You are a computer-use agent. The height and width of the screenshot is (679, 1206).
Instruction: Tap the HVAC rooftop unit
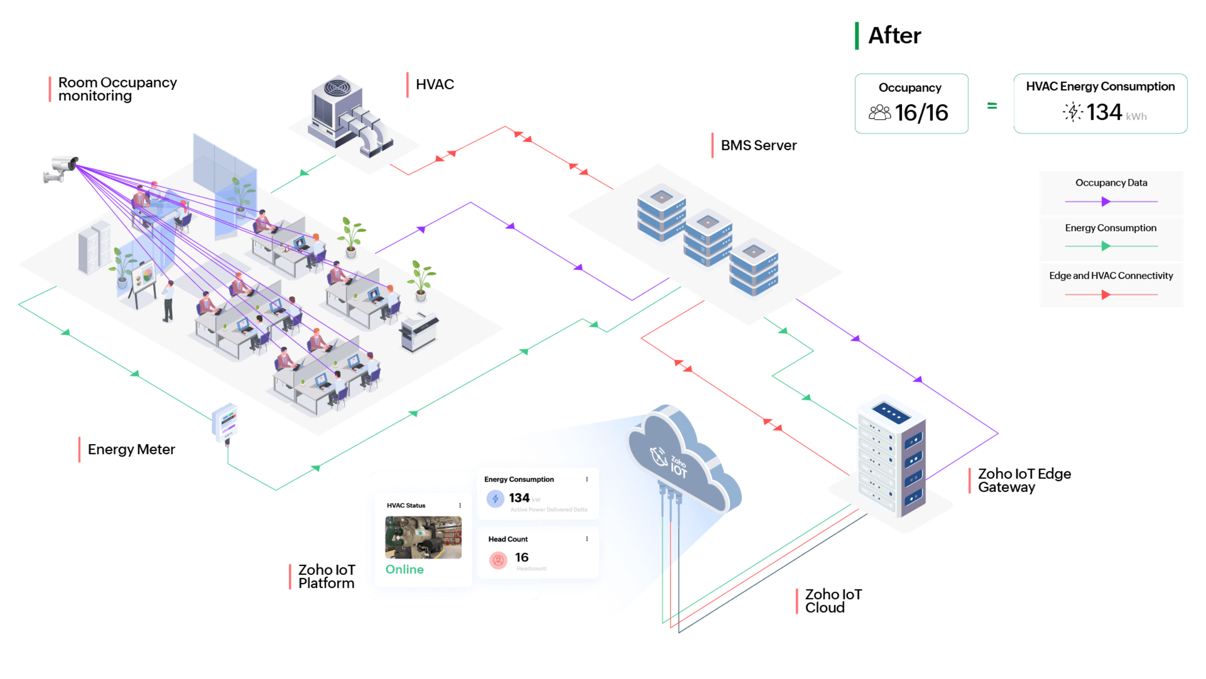[x=349, y=118]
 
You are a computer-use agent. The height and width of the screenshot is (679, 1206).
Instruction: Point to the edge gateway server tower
[x=891, y=457]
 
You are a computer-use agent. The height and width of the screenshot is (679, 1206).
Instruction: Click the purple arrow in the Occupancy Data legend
[x=1106, y=202]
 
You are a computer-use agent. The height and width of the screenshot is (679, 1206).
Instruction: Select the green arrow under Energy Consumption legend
[x=1106, y=246]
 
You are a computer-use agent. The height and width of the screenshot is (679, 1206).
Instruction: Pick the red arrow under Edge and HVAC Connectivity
[x=1106, y=295]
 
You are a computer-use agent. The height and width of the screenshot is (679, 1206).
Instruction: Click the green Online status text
[x=405, y=570]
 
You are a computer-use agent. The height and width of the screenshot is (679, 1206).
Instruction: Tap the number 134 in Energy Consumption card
[x=519, y=498]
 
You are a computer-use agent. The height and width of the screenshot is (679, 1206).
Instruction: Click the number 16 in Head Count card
[x=521, y=557]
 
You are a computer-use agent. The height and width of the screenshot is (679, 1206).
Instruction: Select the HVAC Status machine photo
[x=423, y=537]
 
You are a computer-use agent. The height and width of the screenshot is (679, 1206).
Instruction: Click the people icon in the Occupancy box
[x=880, y=113]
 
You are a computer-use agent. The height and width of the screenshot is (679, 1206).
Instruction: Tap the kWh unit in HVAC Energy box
[x=1136, y=116]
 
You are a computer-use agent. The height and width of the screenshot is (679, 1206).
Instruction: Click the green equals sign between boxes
[x=992, y=106]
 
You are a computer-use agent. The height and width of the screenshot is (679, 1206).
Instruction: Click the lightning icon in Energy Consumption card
[x=495, y=498]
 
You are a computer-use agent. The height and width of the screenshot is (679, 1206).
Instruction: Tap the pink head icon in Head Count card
[x=498, y=560]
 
